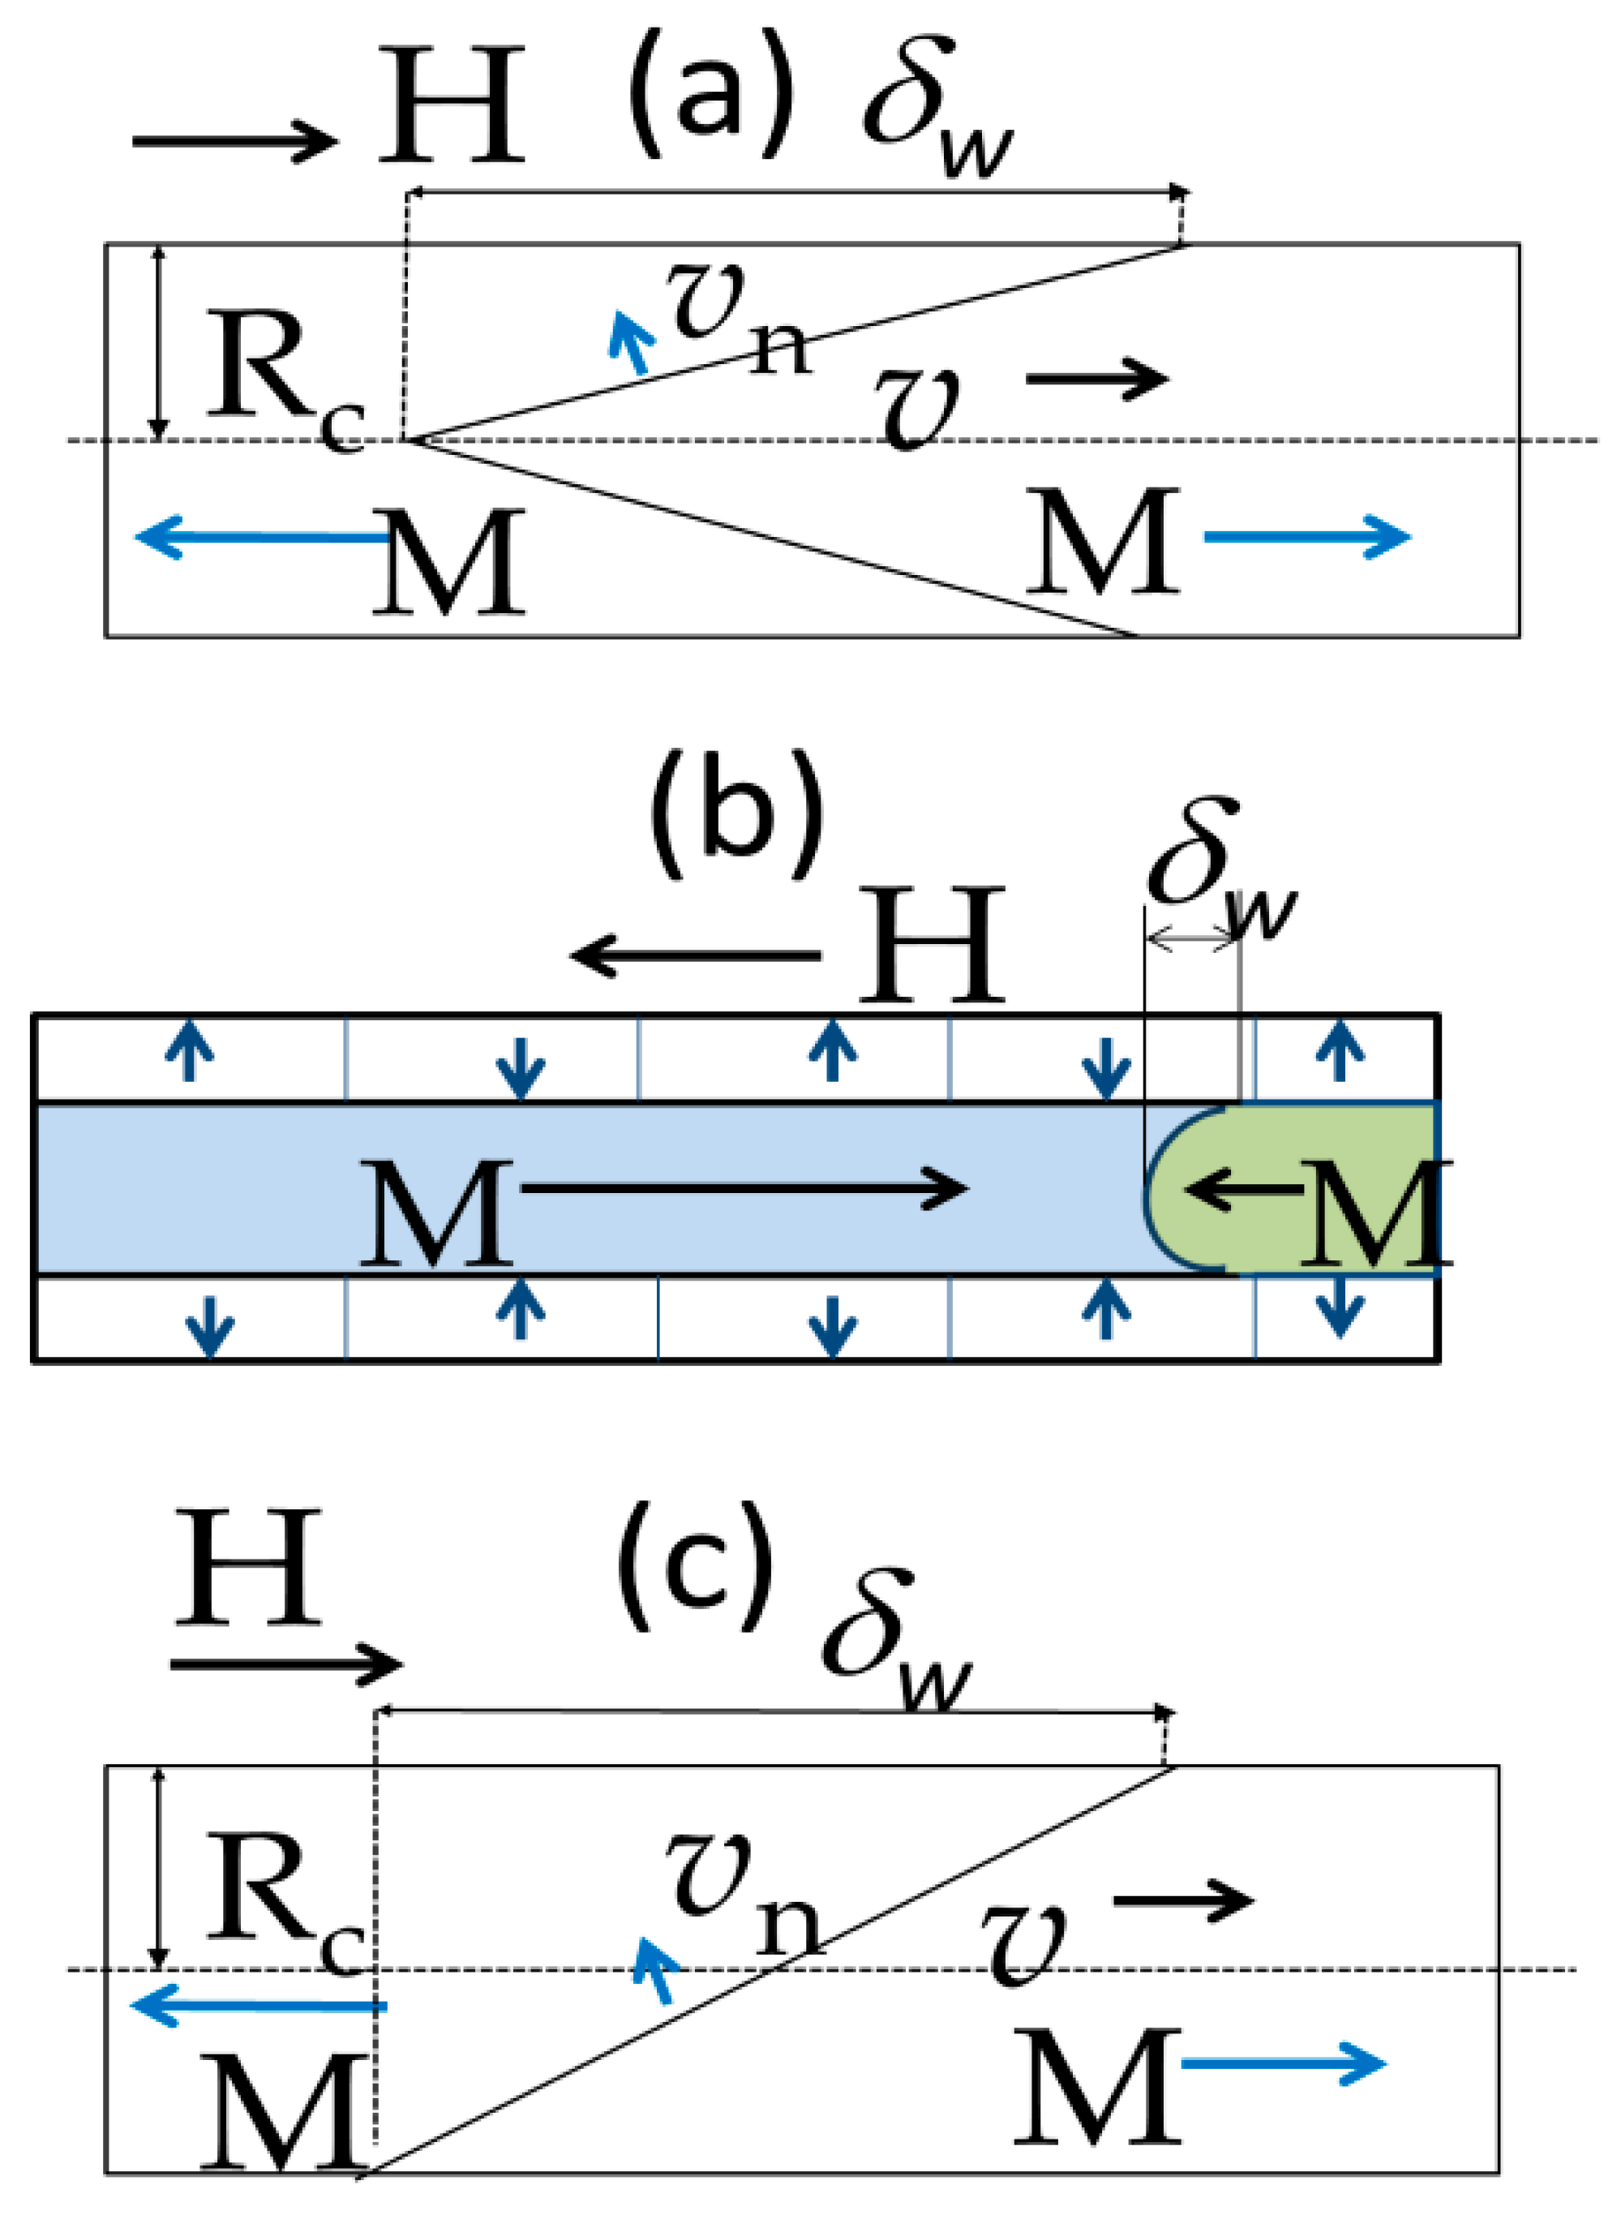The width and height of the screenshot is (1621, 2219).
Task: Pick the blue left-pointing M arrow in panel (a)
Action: coord(260,537)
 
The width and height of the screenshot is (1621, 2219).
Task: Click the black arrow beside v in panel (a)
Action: coord(1097,378)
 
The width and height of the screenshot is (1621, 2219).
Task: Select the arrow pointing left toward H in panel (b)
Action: coord(695,954)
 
